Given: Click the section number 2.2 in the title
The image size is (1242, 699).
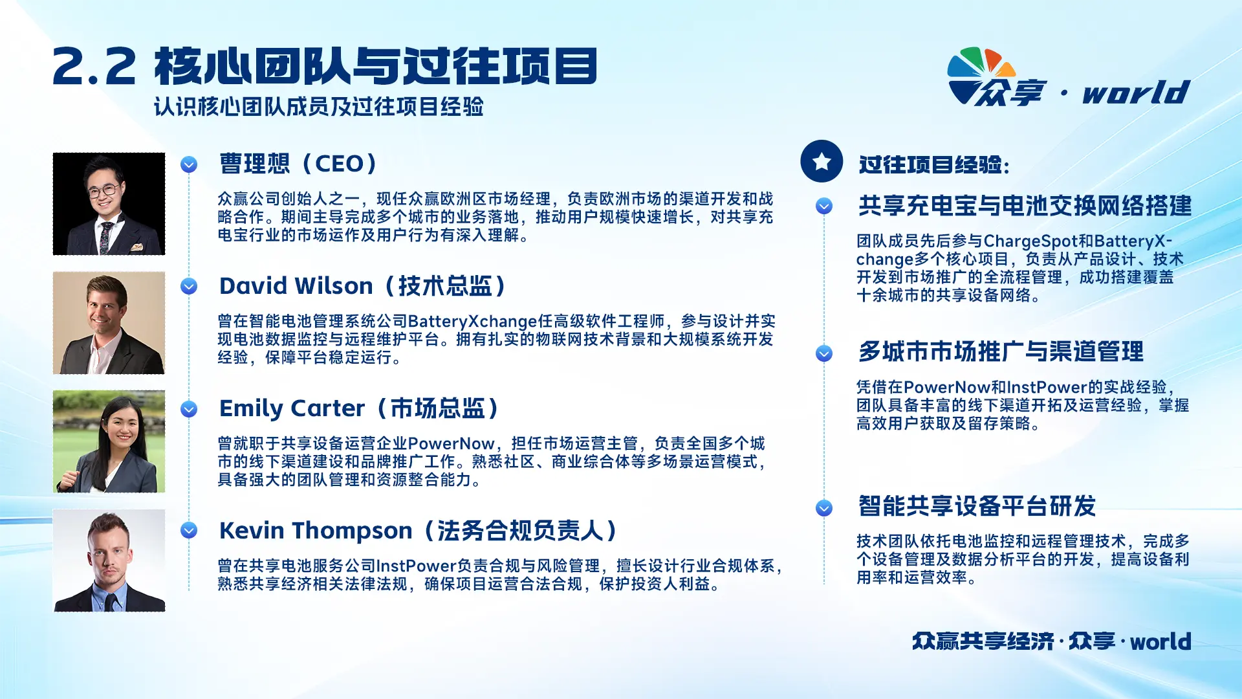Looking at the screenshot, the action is tap(94, 67).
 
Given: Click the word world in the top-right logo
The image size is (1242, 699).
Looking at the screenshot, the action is tap(1136, 92).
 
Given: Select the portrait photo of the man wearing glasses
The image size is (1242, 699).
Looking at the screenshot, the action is tap(109, 204).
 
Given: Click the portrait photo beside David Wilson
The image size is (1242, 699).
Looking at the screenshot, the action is tap(109, 323).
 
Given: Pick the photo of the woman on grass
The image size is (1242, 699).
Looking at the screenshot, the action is tap(109, 441).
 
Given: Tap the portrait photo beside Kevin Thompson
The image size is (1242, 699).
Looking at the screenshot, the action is tap(109, 560).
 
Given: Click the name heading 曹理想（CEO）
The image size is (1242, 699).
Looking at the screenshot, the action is tap(300, 164).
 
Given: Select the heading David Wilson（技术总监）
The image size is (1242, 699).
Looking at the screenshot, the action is tap(364, 286).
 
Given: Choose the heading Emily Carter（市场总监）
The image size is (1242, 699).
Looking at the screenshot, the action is tap(360, 408).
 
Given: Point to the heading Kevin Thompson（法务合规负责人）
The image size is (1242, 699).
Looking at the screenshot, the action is tap(419, 531).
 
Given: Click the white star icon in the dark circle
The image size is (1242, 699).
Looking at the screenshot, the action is tap(822, 161).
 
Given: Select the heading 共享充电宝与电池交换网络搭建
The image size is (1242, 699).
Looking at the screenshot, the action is tap(1025, 206).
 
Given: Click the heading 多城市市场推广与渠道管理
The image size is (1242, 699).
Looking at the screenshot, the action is tap(1001, 351).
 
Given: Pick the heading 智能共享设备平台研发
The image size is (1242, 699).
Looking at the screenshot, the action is tap(977, 506).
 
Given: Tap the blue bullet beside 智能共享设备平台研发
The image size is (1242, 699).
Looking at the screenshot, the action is tap(824, 508).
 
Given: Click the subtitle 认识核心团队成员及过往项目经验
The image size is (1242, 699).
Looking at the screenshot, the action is tap(319, 107).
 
